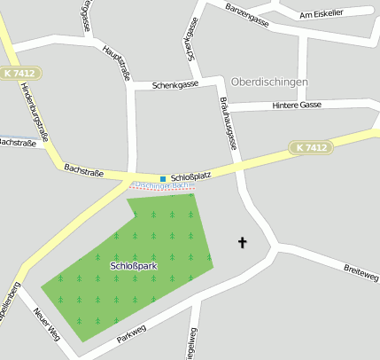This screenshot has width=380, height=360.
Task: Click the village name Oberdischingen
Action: point(269,82)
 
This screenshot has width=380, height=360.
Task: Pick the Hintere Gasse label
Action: point(299,105)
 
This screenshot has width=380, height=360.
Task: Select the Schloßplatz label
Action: point(190,176)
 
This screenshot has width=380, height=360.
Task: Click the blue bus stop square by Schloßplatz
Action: point(163,178)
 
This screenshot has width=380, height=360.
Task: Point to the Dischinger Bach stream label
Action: point(160,186)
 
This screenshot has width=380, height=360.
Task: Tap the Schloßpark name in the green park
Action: point(134,266)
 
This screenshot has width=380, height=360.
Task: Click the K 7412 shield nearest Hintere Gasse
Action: point(311,146)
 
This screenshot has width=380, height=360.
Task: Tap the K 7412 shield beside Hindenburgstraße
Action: point(20,72)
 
